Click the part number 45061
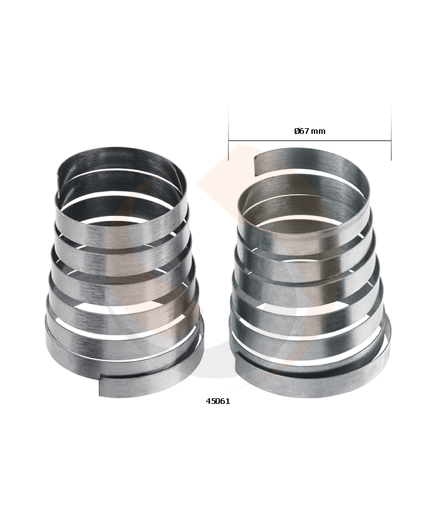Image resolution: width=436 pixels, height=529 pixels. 218,401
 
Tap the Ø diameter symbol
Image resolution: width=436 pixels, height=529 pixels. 297,131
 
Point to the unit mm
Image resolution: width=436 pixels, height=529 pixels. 318,131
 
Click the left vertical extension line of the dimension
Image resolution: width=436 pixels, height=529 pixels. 229,131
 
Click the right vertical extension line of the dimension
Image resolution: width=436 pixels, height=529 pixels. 391,131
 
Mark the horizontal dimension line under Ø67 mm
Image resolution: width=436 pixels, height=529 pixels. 310,141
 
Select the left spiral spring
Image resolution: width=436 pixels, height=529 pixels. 125,272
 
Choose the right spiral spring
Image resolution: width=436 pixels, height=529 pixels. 310,273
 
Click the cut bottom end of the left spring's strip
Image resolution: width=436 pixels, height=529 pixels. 100,386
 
